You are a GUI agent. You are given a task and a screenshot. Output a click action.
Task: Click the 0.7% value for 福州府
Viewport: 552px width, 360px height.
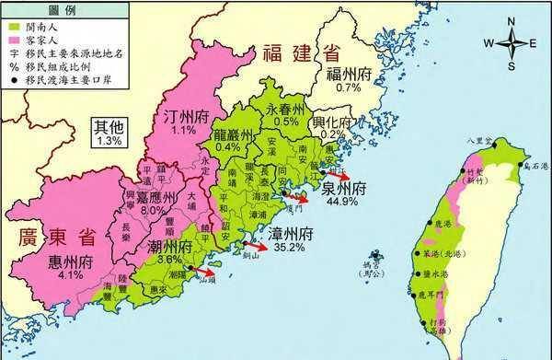(x=348, y=87)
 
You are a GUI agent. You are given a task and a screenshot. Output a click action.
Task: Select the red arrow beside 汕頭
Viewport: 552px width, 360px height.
(x=205, y=273)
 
